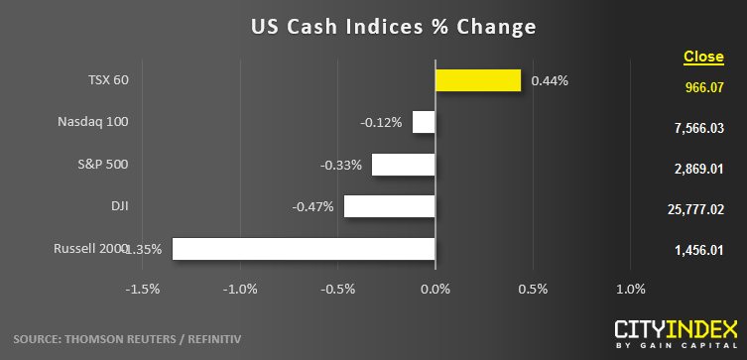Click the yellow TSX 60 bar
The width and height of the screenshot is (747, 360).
pyautogui.click(x=478, y=80)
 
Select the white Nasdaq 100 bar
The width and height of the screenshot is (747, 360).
pyautogui.click(x=424, y=122)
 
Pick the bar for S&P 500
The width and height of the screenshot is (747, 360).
pyautogui.click(x=403, y=165)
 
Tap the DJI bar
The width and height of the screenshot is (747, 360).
pyautogui.click(x=389, y=206)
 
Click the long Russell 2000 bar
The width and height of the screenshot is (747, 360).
pyautogui.click(x=304, y=249)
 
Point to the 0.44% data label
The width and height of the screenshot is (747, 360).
pyautogui.click(x=550, y=81)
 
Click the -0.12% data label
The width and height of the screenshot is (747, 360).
pyautogui.click(x=381, y=123)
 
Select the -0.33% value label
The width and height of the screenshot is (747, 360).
pyautogui.click(x=340, y=166)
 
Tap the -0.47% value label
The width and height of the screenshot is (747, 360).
pyautogui.click(x=312, y=207)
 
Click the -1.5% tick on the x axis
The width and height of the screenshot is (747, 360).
pyautogui.click(x=143, y=289)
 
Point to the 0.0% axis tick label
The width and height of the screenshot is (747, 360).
pyautogui.click(x=436, y=289)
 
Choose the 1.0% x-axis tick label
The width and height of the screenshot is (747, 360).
pyautogui.click(x=631, y=289)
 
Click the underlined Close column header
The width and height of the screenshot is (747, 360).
pyautogui.click(x=703, y=57)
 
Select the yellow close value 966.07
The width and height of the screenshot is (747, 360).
pyautogui.click(x=704, y=87)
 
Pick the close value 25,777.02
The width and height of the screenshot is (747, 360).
pyautogui.click(x=696, y=209)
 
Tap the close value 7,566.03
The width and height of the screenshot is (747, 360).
pyautogui.click(x=698, y=128)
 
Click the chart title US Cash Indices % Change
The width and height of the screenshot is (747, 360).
pyautogui.click(x=394, y=27)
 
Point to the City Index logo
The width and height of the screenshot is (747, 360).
pyautogui.click(x=676, y=335)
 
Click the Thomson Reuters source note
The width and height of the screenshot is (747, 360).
pyautogui.click(x=127, y=339)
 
